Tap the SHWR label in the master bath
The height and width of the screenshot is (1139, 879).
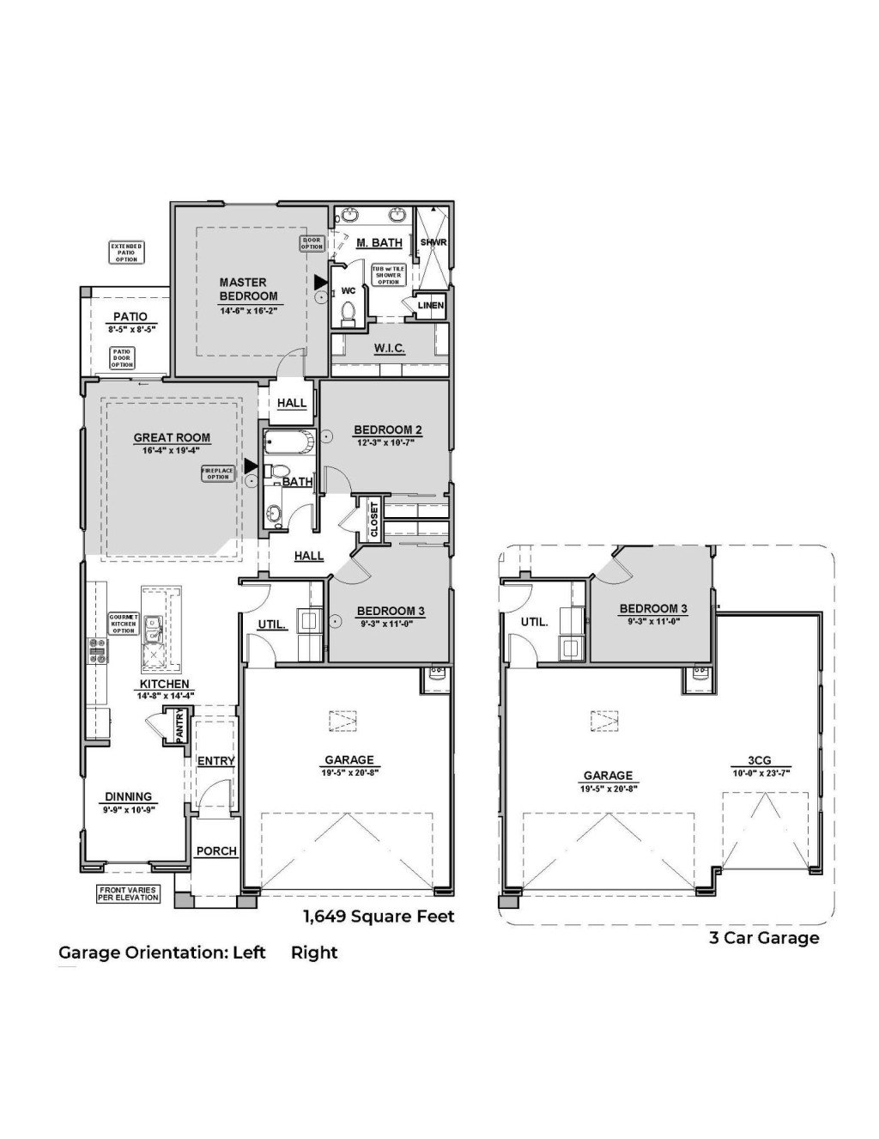[x=433, y=242]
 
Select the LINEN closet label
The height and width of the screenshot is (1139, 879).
[x=430, y=305]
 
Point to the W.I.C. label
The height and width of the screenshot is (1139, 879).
[x=389, y=348]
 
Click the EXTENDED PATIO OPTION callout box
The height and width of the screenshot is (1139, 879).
[x=127, y=252]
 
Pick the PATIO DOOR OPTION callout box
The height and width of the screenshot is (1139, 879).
[x=123, y=357]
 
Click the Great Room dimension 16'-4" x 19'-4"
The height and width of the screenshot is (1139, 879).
[x=172, y=450]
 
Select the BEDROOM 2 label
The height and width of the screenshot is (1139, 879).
[x=389, y=429]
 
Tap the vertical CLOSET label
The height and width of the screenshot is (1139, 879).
[x=374, y=520]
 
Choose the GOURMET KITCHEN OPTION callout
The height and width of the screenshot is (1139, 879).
[x=124, y=624]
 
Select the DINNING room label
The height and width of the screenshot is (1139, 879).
[x=129, y=796]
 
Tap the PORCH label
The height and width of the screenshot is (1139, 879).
[x=216, y=851]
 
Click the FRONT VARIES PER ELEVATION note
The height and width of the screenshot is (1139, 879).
[x=129, y=893]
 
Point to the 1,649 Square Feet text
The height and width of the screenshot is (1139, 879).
[x=378, y=917]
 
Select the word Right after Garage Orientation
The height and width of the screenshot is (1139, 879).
[x=314, y=952]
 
